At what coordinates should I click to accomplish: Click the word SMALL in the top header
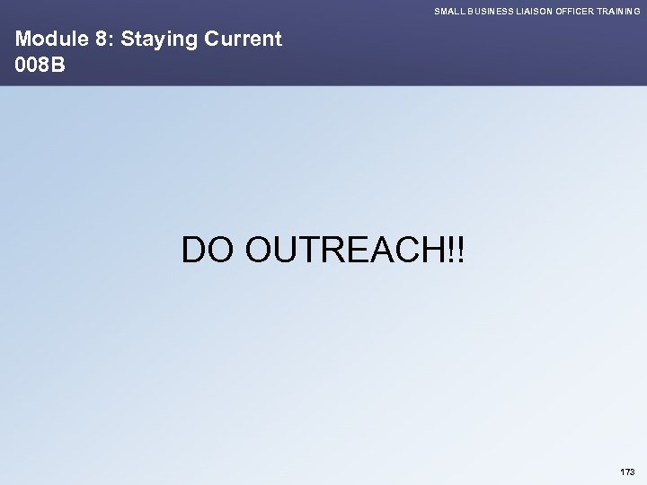[448, 10]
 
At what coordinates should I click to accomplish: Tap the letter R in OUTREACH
[340, 251]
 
